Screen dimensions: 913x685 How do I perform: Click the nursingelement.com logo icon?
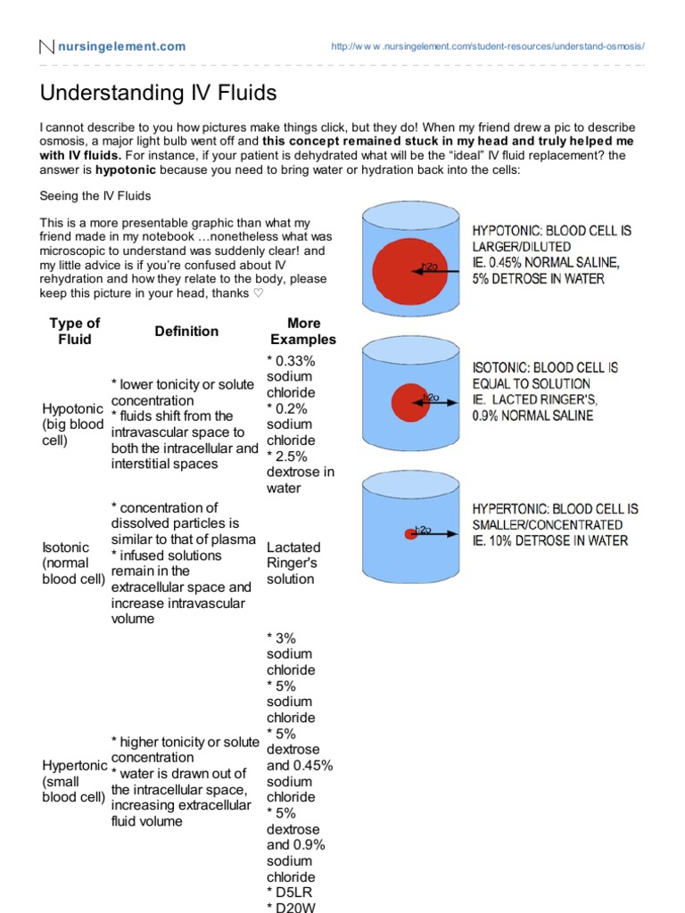pyautogui.click(x=47, y=46)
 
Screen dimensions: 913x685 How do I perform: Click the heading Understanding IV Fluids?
pyautogui.click(x=159, y=93)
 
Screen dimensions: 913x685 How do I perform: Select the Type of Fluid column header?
pyautogui.click(x=75, y=331)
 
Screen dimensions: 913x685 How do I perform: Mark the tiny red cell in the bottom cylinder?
pyautogui.click(x=411, y=534)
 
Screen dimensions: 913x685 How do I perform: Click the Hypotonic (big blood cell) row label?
pyautogui.click(x=73, y=424)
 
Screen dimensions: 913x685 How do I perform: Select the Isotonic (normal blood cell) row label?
pyautogui.click(x=73, y=563)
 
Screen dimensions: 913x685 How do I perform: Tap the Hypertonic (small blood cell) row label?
pyautogui.click(x=75, y=781)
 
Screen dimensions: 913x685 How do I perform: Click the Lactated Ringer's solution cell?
pyautogui.click(x=293, y=563)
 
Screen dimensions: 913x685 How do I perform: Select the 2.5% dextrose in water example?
pyautogui.click(x=300, y=472)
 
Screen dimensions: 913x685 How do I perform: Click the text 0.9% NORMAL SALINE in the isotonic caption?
pyautogui.click(x=532, y=415)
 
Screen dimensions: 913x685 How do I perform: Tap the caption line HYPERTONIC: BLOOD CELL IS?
pyautogui.click(x=555, y=509)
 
